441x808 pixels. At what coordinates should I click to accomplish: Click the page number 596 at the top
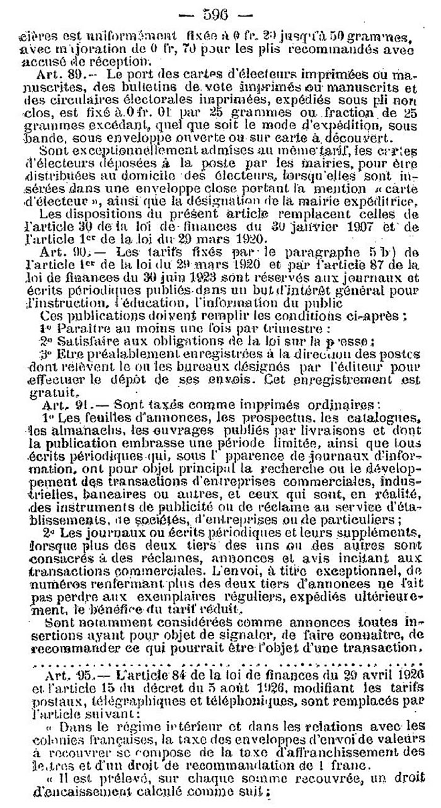(220, 11)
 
